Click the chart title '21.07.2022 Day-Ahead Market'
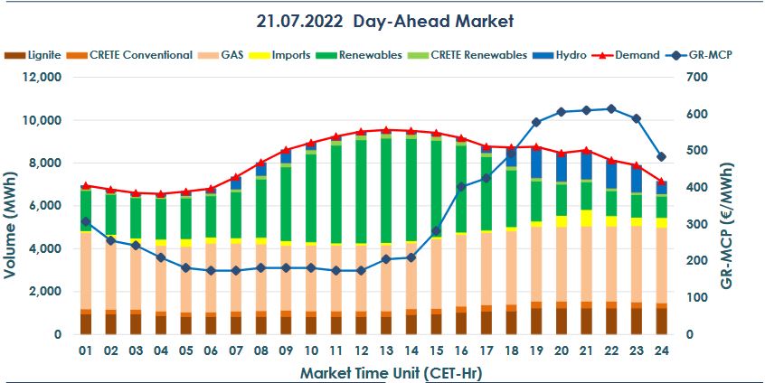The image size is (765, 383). pos(382,20)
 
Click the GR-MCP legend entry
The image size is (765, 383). pos(709,55)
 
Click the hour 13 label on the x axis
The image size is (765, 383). pos(386,350)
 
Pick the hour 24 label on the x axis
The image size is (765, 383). pos(661,350)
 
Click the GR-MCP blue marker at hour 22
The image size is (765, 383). pos(611,108)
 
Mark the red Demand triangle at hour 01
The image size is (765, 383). pos(86,185)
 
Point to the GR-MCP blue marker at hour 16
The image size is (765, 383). pos(461,187)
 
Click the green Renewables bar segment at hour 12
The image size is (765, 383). pos(361,190)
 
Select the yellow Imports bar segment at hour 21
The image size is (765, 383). pos(586,218)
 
